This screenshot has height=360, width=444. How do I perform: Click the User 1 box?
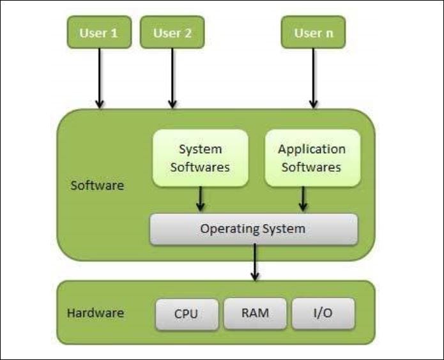[99, 33]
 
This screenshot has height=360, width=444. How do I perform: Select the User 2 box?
[172, 33]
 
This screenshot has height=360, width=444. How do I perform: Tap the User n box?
[313, 33]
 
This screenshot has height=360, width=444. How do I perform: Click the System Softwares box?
[200, 158]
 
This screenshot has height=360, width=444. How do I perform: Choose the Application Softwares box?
[312, 158]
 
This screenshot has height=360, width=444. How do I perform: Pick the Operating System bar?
[254, 229]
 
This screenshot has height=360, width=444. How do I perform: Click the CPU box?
[186, 313]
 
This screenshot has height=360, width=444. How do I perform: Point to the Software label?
[98, 186]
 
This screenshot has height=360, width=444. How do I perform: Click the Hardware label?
[95, 313]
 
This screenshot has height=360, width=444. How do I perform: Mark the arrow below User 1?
[99, 78]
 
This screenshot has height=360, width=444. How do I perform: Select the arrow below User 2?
[172, 78]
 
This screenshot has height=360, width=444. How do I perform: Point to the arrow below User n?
[313, 78]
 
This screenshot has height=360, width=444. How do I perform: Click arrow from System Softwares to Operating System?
[201, 199]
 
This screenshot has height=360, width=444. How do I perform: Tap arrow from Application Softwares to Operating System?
[303, 199]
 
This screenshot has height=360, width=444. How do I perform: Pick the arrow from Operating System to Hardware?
[255, 262]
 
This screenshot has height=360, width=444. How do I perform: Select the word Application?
[312, 149]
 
